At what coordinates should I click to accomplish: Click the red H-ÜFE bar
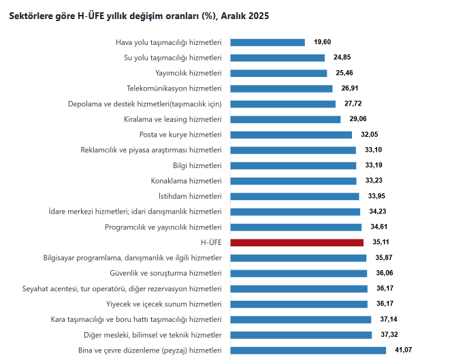click(297, 242)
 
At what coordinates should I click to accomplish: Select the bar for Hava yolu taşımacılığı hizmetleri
click(268, 42)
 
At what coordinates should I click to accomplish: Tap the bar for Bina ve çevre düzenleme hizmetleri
click(308, 350)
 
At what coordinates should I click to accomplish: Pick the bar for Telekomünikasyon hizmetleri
click(281, 88)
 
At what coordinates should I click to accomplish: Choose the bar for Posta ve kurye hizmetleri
click(291, 135)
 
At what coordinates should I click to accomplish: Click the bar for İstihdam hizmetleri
click(295, 196)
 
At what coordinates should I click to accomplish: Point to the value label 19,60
click(323, 42)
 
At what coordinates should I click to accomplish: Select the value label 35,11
click(381, 242)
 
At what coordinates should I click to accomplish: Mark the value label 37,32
click(389, 335)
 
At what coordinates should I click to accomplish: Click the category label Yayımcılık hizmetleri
click(189, 73)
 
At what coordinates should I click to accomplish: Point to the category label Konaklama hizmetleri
click(187, 181)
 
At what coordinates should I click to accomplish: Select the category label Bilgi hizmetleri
click(197, 165)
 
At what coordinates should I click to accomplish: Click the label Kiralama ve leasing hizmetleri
click(173, 119)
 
